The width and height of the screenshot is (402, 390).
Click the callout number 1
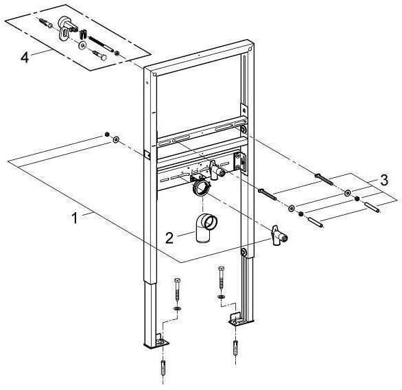pos(74,218)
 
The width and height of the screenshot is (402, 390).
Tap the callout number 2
pos(169,238)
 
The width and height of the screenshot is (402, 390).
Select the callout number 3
pos(383,180)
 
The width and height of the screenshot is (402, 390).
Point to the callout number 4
pos(25,57)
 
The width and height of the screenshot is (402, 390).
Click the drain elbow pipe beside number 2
pos(206,228)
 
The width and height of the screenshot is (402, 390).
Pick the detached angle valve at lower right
pos(279,236)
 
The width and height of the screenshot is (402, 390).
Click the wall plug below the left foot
pos(163,368)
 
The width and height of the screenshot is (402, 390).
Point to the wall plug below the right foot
pos(236,347)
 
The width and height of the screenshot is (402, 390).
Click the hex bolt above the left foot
pos(178,290)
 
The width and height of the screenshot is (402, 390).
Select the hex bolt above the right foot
pos(222,278)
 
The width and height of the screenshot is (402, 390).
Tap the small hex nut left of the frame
pos(108,134)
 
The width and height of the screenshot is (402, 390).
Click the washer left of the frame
pos(116,140)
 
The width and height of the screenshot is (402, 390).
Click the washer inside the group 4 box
pos(82,46)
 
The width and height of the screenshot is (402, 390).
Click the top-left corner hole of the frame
pos(154,74)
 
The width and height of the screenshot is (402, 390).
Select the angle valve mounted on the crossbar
pos(217,170)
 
